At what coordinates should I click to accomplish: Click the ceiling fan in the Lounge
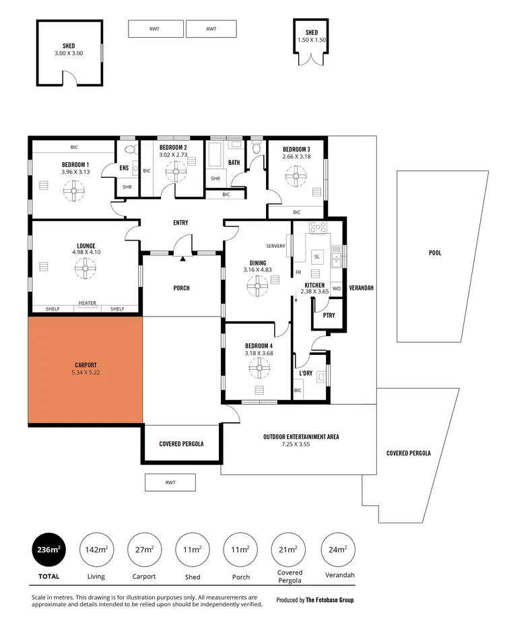(x=85, y=269)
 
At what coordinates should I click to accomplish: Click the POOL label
(x=435, y=253)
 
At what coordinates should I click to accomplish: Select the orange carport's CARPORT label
(x=86, y=365)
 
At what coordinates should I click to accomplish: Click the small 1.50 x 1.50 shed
(x=312, y=42)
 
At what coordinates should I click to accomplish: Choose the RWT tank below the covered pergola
(x=170, y=482)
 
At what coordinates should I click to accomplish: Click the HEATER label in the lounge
(x=87, y=303)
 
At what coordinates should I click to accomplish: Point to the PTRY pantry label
(x=329, y=315)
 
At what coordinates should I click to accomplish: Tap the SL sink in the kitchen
(x=318, y=256)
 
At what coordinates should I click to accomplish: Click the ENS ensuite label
(x=124, y=168)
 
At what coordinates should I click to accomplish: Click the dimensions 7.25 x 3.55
(x=300, y=445)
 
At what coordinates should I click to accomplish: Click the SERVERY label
(x=275, y=246)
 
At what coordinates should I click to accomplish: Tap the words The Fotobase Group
(x=329, y=599)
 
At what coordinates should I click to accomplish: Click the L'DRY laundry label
(x=305, y=372)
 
